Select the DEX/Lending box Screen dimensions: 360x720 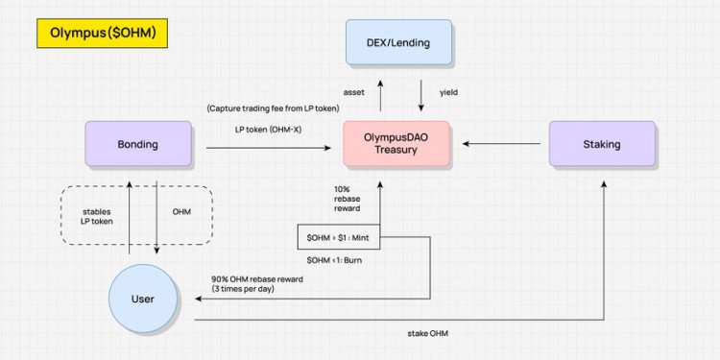pyautogui.click(x=398, y=42)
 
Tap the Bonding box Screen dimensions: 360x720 pyautogui.click(x=138, y=145)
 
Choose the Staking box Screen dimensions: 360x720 pyautogui.click(x=602, y=145)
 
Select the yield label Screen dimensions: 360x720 pyautogui.click(x=449, y=94)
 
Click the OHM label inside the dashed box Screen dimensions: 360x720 pyautogui.click(x=180, y=211)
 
